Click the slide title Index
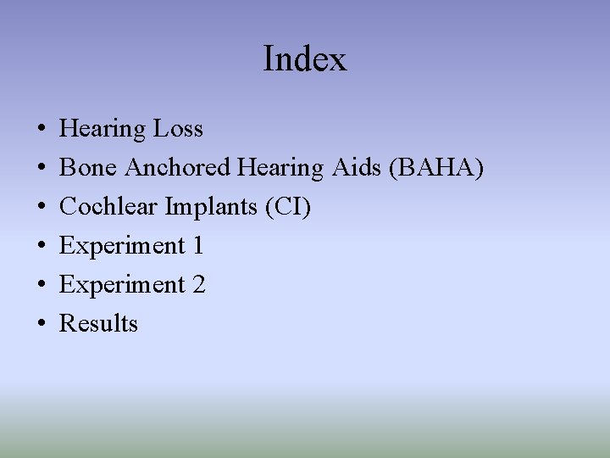pyautogui.click(x=305, y=59)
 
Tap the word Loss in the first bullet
pyautogui.click(x=178, y=129)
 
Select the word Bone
pyautogui.click(x=88, y=168)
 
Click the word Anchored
pyautogui.click(x=177, y=168)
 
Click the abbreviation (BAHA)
pyautogui.click(x=435, y=168)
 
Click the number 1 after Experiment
pyautogui.click(x=197, y=246)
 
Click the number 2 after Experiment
pyautogui.click(x=198, y=285)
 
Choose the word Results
pyautogui.click(x=98, y=324)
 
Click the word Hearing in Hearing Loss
pyautogui.click(x=103, y=129)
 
